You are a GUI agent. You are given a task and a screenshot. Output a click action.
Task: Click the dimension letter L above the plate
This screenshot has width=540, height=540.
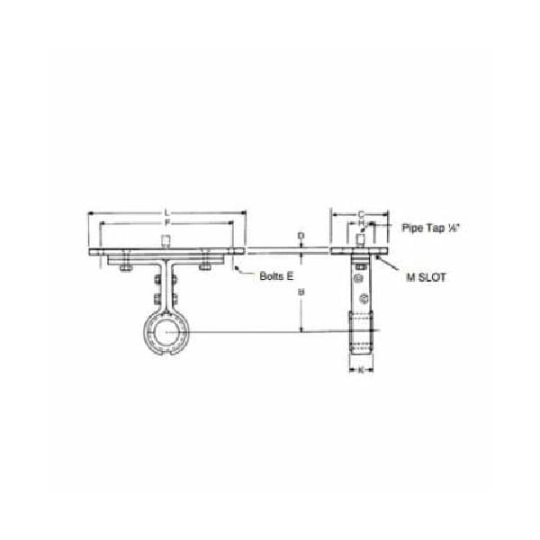point(166,212)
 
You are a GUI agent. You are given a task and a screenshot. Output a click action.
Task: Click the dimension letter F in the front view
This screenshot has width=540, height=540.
point(167,222)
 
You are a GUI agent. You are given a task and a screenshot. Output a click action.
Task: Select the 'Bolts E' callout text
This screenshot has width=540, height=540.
point(276,276)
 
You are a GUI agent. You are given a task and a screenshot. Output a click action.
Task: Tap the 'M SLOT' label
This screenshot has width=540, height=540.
point(425,278)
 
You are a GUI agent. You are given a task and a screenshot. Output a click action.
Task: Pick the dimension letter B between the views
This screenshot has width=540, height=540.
point(301,292)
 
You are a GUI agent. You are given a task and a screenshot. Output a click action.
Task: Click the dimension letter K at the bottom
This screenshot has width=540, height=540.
point(361,370)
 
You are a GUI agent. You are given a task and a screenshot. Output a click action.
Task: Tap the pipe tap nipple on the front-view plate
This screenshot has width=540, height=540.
point(166,240)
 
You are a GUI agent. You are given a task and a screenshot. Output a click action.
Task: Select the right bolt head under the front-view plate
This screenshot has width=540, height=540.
point(207,264)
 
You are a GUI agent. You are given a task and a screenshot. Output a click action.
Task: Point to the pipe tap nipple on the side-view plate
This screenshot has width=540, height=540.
point(360,240)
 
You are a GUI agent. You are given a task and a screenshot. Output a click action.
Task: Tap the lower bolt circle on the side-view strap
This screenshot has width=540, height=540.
point(362,300)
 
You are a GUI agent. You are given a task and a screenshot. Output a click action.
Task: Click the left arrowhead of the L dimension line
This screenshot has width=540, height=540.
point(90,213)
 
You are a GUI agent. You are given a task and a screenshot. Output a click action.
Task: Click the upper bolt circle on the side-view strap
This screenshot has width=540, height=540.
point(360,265)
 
